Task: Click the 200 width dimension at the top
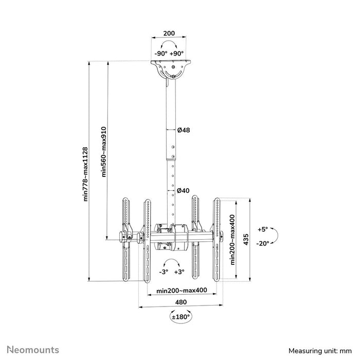point(169,33)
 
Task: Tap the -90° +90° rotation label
point(169,53)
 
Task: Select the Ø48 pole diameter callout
point(184,130)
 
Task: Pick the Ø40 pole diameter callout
point(184,191)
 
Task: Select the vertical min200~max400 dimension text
point(233,239)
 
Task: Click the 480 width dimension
point(180,302)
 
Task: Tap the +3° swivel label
point(179,272)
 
